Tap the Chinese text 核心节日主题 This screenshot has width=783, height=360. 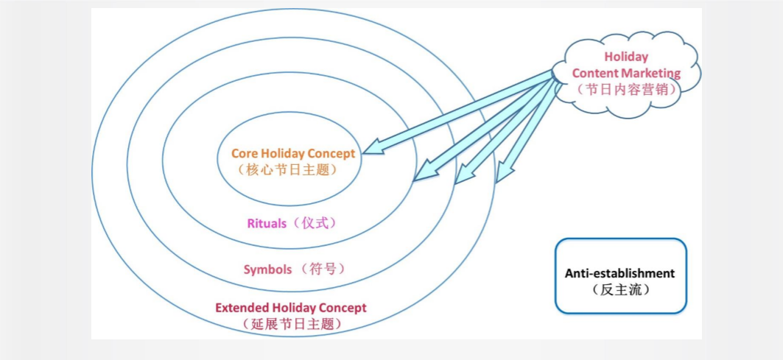[288, 170]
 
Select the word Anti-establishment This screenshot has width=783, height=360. [619, 274]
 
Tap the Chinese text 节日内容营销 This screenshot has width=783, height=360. [627, 89]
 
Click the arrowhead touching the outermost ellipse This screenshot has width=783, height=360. [504, 172]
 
